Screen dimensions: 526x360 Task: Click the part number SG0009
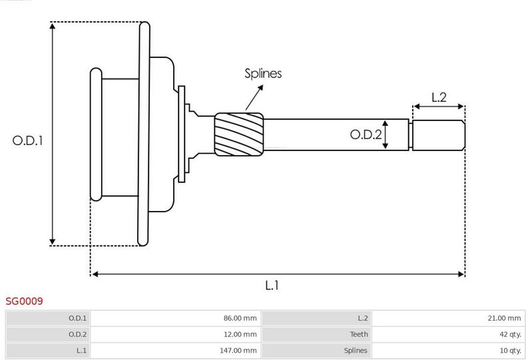[x=24, y=301]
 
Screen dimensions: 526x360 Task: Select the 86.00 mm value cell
[x=176, y=318]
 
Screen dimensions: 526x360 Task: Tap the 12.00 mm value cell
[x=176, y=334]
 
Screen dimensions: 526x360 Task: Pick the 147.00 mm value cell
[x=176, y=350]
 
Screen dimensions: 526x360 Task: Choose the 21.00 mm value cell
[x=448, y=318]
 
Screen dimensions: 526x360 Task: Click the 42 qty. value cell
[x=448, y=334]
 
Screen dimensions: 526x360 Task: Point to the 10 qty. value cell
[x=448, y=350]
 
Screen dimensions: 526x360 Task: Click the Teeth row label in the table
[x=359, y=334]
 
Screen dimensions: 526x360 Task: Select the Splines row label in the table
[x=356, y=350]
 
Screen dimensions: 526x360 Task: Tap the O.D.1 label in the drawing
[x=27, y=140]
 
